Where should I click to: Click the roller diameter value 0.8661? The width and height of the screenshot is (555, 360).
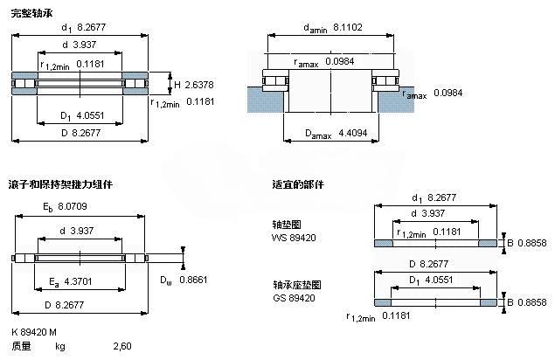191,280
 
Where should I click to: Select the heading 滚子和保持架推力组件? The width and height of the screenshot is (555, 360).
60,184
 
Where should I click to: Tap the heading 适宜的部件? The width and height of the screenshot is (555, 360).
298,184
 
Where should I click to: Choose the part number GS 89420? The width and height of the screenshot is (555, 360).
294,298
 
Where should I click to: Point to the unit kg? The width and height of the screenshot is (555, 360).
60,347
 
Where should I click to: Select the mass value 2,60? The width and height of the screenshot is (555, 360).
122,347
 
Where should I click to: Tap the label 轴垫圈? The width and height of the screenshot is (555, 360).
285,224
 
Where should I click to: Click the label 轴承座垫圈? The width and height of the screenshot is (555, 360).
291,286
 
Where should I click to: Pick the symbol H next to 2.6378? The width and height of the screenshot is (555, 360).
177,85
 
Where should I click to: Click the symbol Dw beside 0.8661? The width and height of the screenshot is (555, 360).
166,280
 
